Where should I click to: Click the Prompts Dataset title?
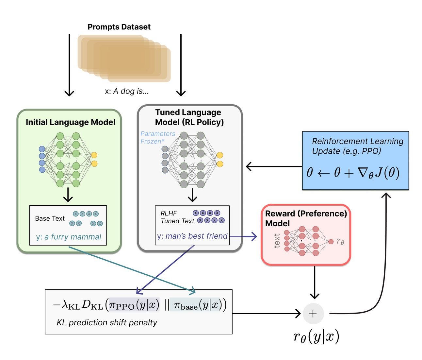click(119, 27)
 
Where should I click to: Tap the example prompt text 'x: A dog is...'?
click(126, 91)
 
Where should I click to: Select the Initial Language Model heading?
click(70, 122)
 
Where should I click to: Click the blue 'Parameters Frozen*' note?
click(157, 138)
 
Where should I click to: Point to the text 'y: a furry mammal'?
click(69, 237)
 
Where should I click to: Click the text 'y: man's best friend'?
click(192, 236)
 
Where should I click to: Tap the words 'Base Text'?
click(50, 218)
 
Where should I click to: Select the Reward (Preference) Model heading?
click(306, 218)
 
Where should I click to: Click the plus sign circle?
click(313, 314)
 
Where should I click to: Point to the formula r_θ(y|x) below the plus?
click(316, 336)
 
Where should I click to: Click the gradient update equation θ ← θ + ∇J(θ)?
click(353, 172)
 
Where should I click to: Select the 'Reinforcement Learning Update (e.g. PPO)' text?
click(357, 146)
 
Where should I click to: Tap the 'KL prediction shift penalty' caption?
click(107, 322)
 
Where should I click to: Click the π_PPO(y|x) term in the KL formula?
click(134, 305)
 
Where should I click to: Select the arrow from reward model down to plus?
click(314, 282)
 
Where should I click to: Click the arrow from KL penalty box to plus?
click(266, 314)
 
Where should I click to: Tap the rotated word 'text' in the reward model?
click(277, 241)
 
